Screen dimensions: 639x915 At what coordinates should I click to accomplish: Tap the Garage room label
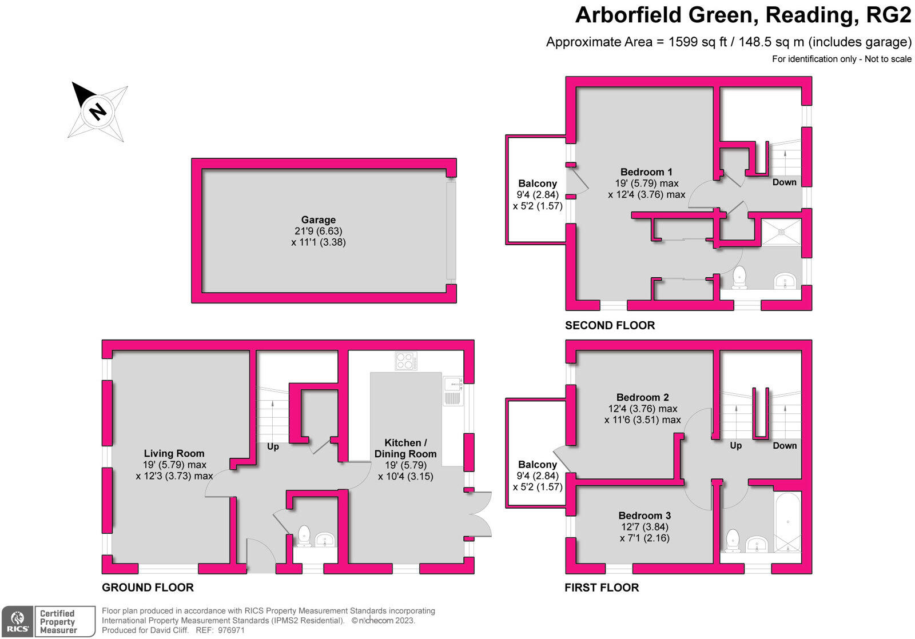coord(319,220)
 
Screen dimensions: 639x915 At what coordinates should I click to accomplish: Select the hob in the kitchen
coord(405,361)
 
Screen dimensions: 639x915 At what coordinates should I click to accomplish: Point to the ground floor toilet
coord(304,536)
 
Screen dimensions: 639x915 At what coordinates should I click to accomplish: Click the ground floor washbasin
coord(325,539)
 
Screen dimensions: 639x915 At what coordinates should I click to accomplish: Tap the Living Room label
coord(174,454)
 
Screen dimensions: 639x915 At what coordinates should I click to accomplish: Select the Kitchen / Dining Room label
coord(405,448)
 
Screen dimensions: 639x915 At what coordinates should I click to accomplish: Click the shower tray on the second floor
coord(781,232)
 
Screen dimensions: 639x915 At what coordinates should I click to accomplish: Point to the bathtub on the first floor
coord(787,522)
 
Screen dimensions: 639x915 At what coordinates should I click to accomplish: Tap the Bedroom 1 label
coord(646,172)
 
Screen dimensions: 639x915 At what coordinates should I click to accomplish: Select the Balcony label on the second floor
coord(538,183)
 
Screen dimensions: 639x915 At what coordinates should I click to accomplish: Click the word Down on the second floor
coord(784,182)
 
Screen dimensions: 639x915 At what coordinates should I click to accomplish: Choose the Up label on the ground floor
coord(273,446)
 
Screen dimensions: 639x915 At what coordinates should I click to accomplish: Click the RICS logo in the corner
coord(17,622)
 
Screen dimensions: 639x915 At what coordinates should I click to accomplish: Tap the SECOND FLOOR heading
coord(610,325)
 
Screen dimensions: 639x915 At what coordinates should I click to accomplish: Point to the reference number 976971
coord(228,630)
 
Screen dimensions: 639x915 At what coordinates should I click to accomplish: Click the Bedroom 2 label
coord(642,397)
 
